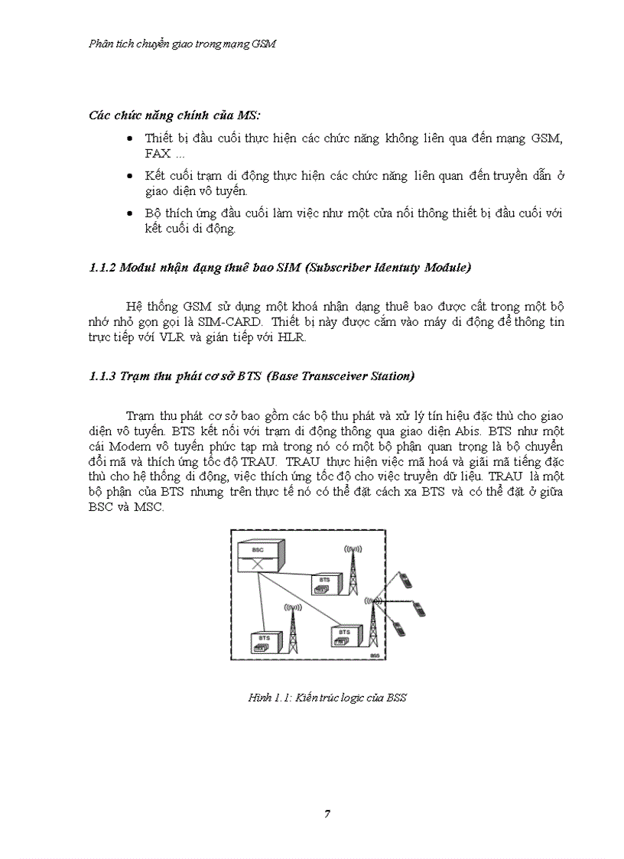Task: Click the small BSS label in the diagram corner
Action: coord(374,656)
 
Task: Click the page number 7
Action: coord(327,813)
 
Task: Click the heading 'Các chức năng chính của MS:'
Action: coord(174,116)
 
